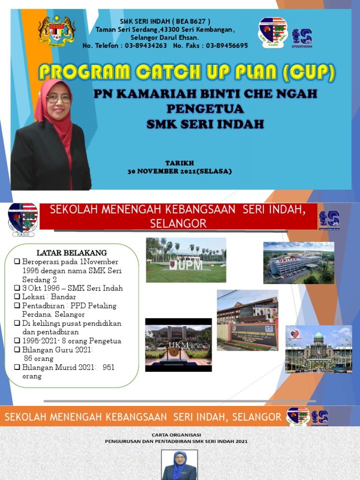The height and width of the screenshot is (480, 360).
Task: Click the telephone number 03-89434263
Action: [x=146, y=45]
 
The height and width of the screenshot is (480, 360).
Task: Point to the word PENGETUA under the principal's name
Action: [x=205, y=109]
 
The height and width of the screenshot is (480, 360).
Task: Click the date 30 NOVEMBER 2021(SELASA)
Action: [x=180, y=171]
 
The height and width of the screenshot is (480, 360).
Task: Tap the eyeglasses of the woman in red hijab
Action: [x=59, y=98]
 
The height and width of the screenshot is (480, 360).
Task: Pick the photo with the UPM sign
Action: [x=186, y=260]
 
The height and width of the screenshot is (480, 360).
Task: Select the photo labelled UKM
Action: [x=178, y=345]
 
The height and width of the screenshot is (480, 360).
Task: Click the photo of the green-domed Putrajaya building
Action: [x=318, y=349]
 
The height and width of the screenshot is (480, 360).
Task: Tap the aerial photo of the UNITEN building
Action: [x=299, y=262]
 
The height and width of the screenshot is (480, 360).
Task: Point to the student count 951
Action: [x=108, y=367]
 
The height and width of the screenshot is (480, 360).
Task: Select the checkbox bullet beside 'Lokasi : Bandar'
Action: [x=17, y=297]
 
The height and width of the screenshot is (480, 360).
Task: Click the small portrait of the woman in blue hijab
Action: [x=180, y=465]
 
